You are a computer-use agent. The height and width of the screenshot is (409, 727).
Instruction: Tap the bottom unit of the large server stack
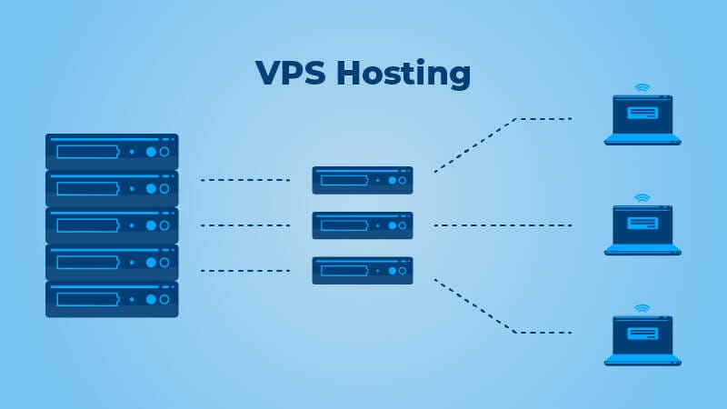[112, 299]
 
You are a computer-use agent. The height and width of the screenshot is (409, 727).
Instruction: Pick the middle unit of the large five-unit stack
[112, 225]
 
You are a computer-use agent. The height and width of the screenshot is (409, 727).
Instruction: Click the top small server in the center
[363, 180]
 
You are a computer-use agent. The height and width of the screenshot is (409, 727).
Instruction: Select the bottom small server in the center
[363, 270]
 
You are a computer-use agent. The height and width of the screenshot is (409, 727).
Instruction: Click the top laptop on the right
[642, 121]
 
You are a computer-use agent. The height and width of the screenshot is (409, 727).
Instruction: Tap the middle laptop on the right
[642, 230]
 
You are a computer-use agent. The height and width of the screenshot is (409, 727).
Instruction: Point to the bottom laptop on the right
[642, 341]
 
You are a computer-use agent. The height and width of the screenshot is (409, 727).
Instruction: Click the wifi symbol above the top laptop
[642, 88]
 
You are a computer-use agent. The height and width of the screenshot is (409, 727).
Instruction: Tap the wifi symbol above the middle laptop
[642, 197]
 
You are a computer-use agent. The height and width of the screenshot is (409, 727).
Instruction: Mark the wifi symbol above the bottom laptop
[642, 308]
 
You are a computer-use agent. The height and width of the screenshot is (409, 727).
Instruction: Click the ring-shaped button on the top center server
[403, 180]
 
